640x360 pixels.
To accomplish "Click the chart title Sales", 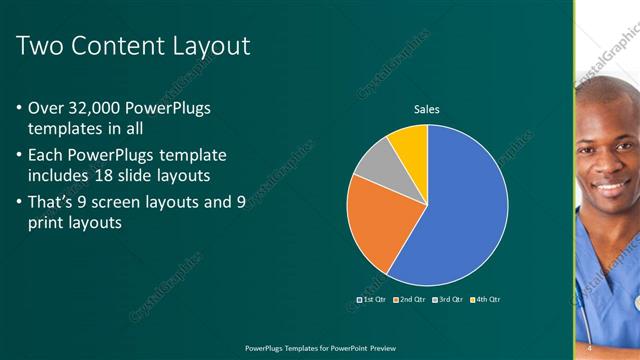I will [427, 109].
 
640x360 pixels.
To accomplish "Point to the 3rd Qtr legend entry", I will [449, 299].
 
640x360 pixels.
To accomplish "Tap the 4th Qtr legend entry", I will [486, 299].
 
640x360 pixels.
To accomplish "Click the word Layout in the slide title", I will [211, 46].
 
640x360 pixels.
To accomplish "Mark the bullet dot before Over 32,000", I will [20, 108].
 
